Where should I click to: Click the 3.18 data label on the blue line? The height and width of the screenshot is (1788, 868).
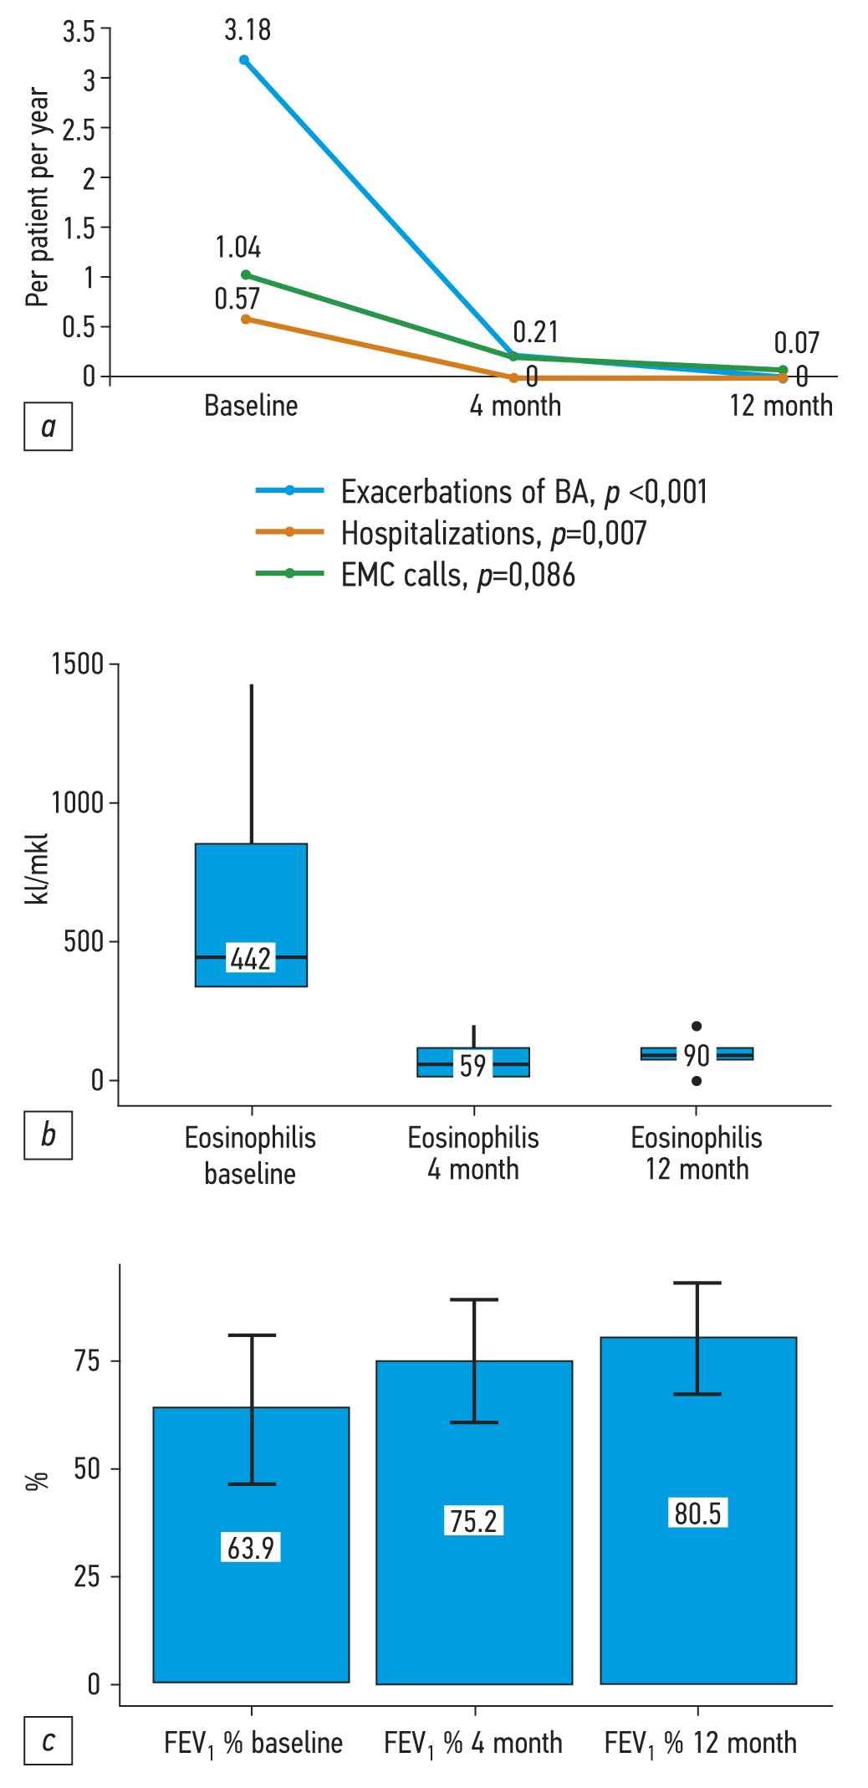tap(248, 31)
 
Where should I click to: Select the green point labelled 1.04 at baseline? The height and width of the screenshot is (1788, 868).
tap(246, 274)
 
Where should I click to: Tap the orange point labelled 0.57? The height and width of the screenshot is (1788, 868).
tap(246, 319)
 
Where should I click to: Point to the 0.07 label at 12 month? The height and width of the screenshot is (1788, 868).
tap(796, 343)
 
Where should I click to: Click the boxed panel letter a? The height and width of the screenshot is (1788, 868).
tap(49, 427)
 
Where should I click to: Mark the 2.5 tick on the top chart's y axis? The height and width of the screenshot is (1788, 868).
tap(79, 129)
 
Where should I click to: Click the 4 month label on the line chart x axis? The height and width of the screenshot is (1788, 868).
tap(515, 406)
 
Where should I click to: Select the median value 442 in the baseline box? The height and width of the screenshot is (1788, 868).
tap(251, 958)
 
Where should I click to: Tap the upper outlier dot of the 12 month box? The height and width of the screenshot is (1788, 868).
tap(697, 1026)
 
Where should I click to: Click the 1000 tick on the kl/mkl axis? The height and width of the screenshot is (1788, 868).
tap(77, 802)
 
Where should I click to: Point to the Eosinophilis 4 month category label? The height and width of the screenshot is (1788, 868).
tap(473, 1154)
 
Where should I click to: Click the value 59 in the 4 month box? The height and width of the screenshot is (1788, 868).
tap(473, 1065)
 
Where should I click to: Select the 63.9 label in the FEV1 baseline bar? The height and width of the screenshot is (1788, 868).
tap(252, 1548)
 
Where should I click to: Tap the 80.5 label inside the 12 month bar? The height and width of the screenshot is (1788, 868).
tap(697, 1514)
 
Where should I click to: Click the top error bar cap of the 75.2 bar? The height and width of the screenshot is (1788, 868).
tap(474, 1299)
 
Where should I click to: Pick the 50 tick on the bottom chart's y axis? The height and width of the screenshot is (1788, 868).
tap(86, 1468)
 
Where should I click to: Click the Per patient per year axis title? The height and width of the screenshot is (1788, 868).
tap(38, 197)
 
